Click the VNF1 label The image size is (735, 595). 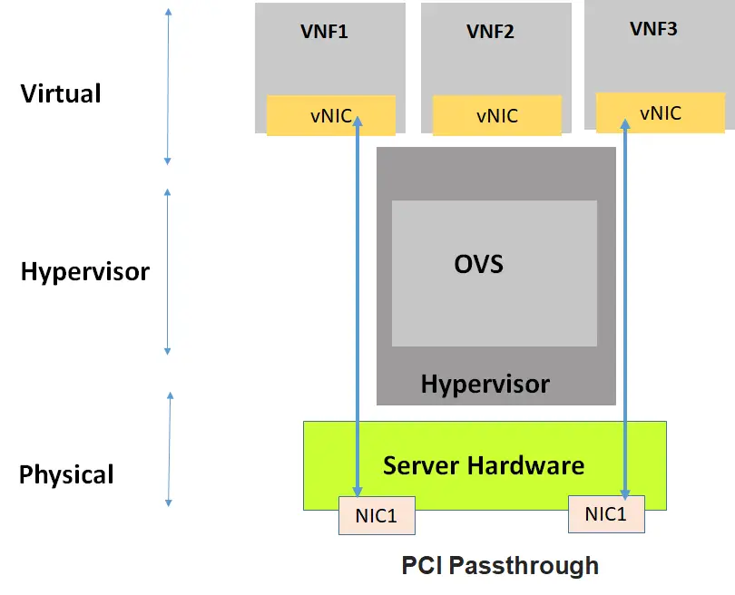tap(324, 32)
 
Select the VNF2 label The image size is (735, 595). tap(490, 32)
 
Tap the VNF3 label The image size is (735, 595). tap(653, 29)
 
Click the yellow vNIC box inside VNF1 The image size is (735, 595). tap(330, 115)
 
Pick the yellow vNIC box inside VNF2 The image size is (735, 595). tap(496, 116)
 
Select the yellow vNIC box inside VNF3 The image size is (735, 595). tap(660, 113)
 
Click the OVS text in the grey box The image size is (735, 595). tap(478, 265)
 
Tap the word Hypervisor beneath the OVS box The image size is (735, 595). tap(485, 384)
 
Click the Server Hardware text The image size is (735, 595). tap(484, 466)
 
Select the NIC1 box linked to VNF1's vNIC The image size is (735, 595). tap(377, 515)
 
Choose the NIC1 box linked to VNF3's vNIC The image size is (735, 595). tap(606, 513)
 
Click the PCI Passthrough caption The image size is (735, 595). tap(500, 566)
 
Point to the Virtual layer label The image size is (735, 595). tap(61, 93)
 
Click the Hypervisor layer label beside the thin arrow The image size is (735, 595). tap(84, 271)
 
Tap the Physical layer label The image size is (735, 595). tap(66, 474)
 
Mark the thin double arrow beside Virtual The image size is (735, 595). tap(168, 86)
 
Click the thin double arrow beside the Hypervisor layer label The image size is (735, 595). tap(168, 272)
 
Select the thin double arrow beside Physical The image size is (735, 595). tap(170, 449)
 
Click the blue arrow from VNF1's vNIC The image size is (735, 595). tap(358, 308)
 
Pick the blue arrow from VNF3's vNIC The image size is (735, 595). tap(625, 308)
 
